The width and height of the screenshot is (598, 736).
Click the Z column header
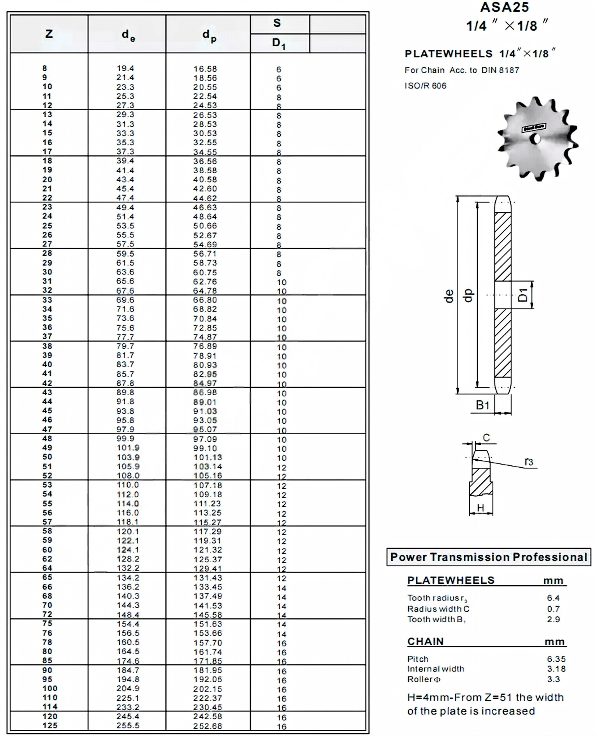tap(49, 34)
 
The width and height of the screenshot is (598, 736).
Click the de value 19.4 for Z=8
tap(125, 69)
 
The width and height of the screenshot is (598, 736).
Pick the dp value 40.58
tap(205, 180)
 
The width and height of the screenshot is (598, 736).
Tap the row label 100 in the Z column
tap(50, 688)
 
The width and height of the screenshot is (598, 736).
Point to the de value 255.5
tap(128, 725)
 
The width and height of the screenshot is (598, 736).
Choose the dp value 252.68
tap(208, 726)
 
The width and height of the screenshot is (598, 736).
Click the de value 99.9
tap(125, 438)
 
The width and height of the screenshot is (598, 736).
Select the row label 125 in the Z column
tap(50, 725)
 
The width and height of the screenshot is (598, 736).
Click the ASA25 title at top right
tap(505, 7)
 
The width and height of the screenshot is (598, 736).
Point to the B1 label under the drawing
tap(482, 405)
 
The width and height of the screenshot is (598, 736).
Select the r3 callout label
tap(529, 462)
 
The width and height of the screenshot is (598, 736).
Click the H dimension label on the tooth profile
tap(480, 508)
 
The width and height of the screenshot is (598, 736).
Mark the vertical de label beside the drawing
tap(449, 296)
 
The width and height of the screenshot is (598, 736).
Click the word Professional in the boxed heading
tap(550, 557)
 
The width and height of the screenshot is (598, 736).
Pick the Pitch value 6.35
tap(556, 659)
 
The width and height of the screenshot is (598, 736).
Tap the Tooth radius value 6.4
tap(553, 598)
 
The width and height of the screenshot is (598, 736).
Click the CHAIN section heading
tap(425, 641)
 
